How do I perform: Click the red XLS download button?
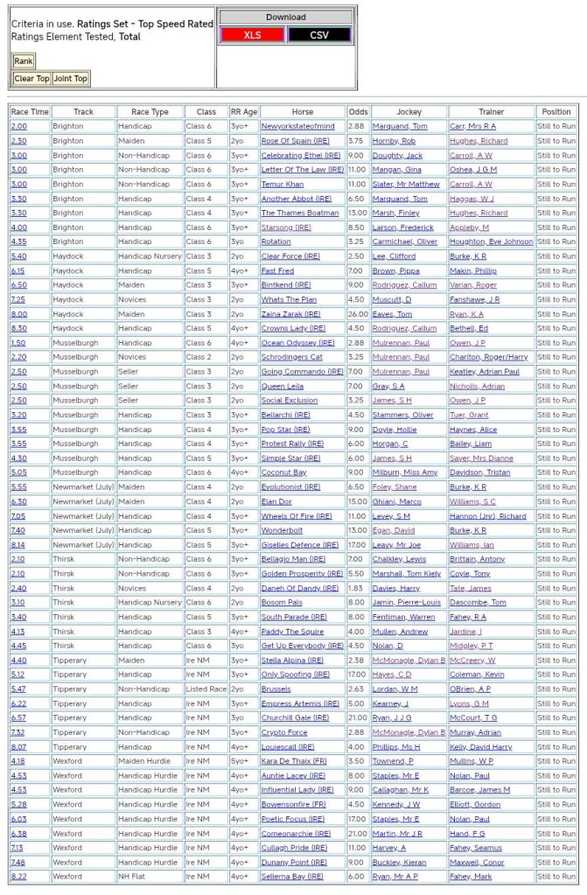(252, 35)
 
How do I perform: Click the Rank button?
(24, 61)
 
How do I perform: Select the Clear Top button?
(31, 79)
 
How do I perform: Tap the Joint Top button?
(71, 79)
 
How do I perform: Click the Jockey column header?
(409, 112)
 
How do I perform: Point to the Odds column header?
(358, 112)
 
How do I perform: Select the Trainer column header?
(491, 112)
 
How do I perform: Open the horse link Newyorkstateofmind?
(297, 127)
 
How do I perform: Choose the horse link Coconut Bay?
(284, 472)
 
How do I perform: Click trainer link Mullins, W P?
(473, 761)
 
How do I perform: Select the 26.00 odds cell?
(358, 314)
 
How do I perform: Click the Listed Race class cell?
(206, 689)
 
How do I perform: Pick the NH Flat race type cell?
(136, 876)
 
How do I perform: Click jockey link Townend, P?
(394, 761)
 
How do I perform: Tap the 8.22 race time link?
(18, 876)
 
